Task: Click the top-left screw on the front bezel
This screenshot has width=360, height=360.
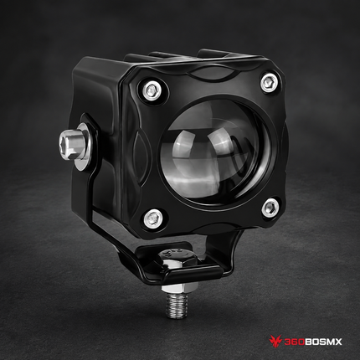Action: click(151, 90)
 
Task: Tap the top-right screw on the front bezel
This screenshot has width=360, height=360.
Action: click(270, 82)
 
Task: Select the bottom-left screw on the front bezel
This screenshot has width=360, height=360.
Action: click(153, 217)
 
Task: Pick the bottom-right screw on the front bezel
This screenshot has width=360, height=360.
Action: click(270, 207)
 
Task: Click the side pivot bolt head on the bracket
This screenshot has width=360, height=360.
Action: click(72, 145)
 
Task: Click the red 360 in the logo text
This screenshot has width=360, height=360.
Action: click(295, 342)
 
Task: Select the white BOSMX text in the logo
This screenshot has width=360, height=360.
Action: click(323, 342)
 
